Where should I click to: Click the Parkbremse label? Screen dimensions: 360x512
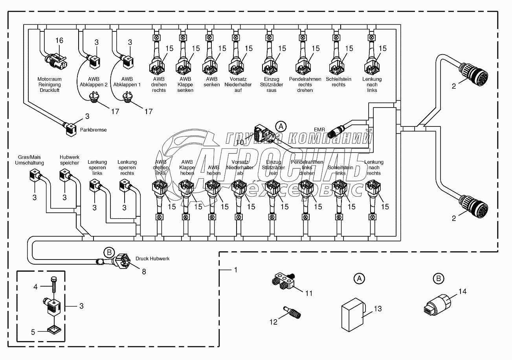(x=93, y=129)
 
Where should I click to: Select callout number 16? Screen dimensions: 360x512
(x=59, y=40)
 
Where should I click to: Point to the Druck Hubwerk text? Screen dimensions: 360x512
(x=152, y=259)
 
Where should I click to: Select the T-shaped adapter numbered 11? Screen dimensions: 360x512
(x=283, y=281)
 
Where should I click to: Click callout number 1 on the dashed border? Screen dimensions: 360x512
(x=235, y=270)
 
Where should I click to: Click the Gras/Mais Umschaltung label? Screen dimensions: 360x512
(x=29, y=160)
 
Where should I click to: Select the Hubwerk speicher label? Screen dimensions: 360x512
(x=70, y=160)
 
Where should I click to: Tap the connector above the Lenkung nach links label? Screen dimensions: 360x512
(x=371, y=64)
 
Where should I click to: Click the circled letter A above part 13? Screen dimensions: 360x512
(x=358, y=279)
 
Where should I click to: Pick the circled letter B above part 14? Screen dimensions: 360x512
(x=437, y=279)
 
